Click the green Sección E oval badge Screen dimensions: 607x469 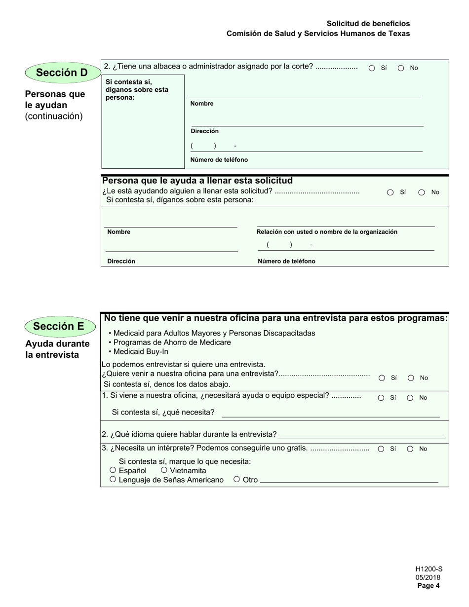[x=59, y=326]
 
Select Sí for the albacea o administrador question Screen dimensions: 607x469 [x=372, y=68]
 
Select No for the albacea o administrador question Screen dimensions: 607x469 [x=401, y=68]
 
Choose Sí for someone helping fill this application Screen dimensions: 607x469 [x=390, y=192]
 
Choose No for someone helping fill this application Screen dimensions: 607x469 [x=422, y=192]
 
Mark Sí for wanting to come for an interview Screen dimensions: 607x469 [x=382, y=378]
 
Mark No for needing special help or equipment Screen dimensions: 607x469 [x=410, y=398]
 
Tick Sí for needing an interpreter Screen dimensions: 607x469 [x=381, y=449]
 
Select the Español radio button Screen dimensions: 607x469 [x=113, y=470]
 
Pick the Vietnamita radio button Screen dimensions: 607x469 [x=164, y=470]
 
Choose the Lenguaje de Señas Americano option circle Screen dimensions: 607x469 [x=113, y=479]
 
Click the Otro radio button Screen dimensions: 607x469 [x=237, y=479]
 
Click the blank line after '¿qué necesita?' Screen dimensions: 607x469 [x=330, y=413]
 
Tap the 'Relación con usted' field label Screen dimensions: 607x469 [x=327, y=232]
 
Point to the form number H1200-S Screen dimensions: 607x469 [x=429, y=569]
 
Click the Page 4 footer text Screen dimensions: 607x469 [x=428, y=586]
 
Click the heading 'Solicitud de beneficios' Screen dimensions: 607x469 [x=368, y=24]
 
